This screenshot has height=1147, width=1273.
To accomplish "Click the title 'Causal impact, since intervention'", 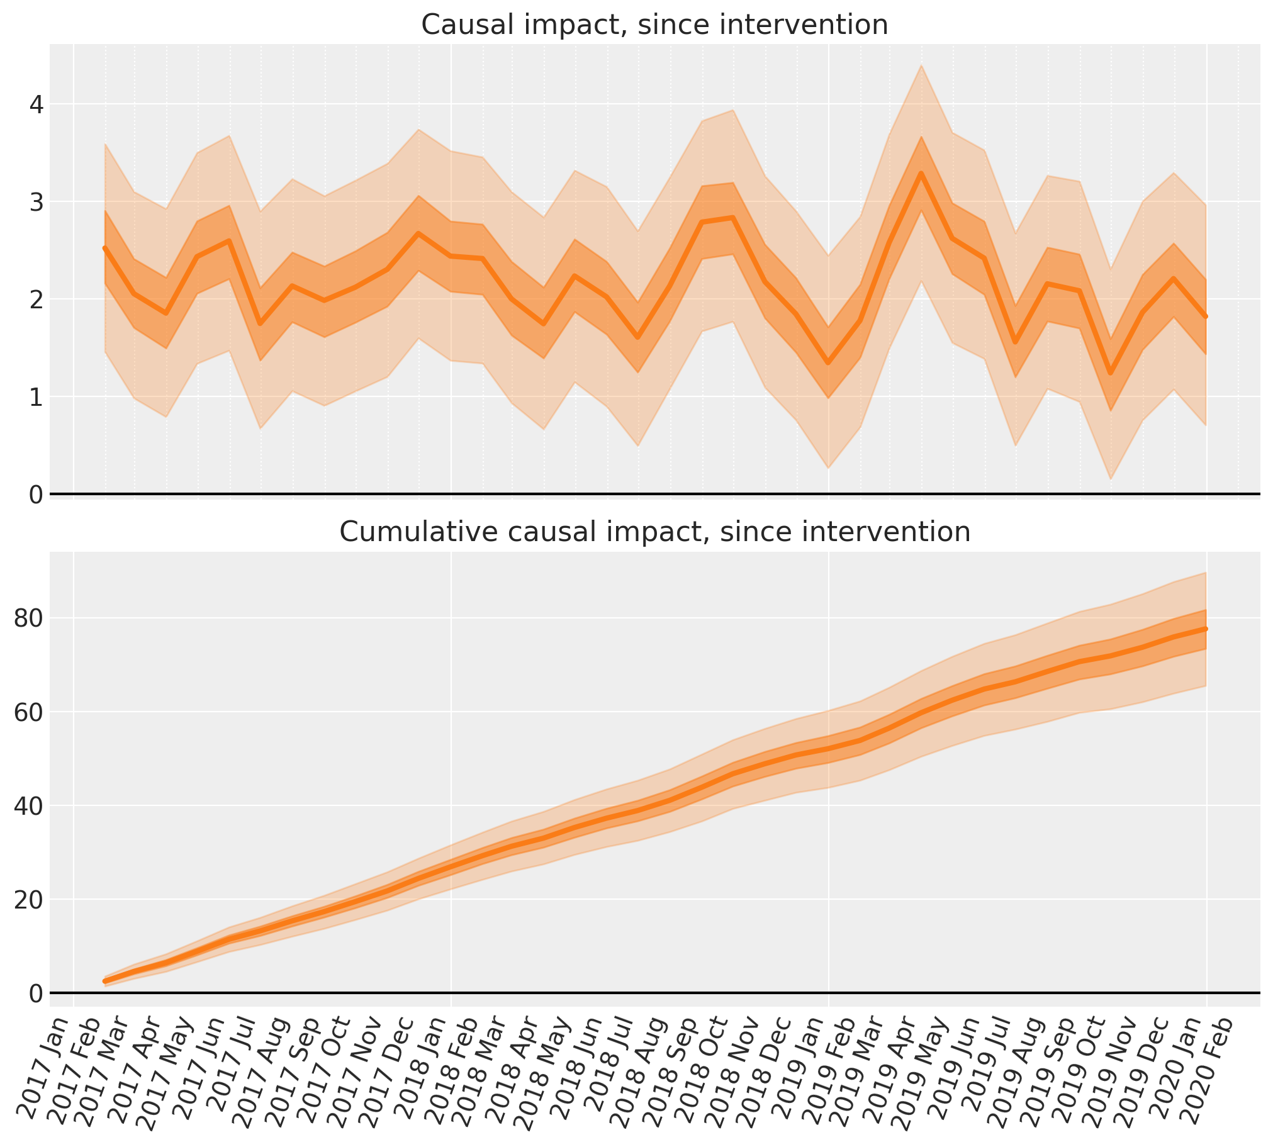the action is (654, 25).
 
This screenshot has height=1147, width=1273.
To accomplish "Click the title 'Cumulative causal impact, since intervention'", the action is (655, 532).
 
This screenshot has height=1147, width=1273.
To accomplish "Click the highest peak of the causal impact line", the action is (921, 172).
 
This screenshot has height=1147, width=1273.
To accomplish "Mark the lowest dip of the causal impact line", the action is (1111, 374).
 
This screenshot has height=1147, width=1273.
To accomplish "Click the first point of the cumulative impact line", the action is (105, 982).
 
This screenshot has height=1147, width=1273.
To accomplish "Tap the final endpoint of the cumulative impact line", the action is (1206, 629).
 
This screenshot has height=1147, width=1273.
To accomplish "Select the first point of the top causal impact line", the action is (105, 249).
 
